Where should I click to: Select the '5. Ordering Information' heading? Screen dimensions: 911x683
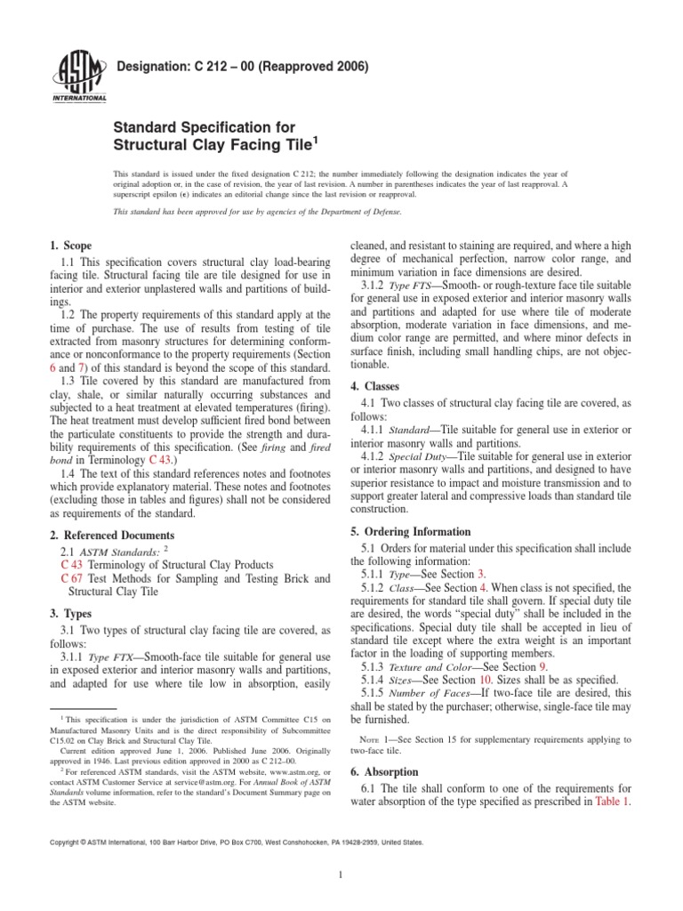(x=414, y=531)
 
